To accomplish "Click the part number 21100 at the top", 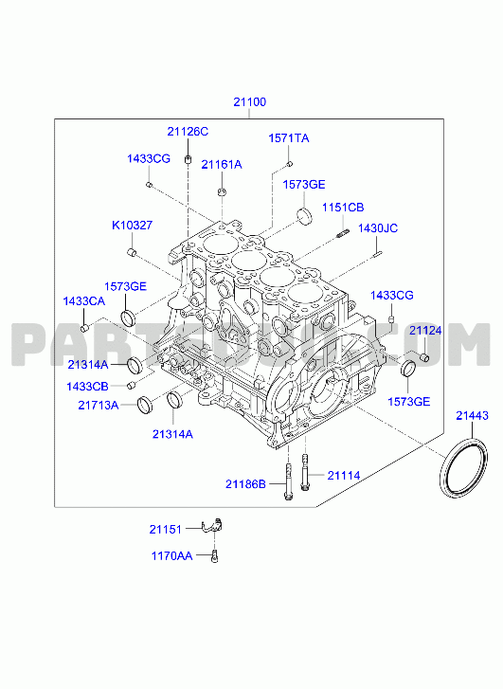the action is coord(249,102).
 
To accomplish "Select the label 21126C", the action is coord(188,132).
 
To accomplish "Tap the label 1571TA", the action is coord(289,138).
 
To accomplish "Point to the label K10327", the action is coord(133,226).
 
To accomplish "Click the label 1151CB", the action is coord(343,208).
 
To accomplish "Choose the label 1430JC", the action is coord(378,228).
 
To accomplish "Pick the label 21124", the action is coord(425,331).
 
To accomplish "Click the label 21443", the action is coord(472,415).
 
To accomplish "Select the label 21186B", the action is coord(245,484).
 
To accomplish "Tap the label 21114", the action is coord(344,476).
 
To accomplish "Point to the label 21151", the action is coord(165,530).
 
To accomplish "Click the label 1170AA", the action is coord(171,556).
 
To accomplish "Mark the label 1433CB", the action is coord(87,387).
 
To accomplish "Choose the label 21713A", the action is coord(99,405).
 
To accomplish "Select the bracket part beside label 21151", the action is coord(212,526).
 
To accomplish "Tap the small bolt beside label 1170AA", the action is coord(215,556).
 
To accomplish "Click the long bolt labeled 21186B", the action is coord(288,481).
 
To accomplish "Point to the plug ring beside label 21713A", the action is coord(145,405).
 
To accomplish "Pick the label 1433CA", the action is coord(84,301).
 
